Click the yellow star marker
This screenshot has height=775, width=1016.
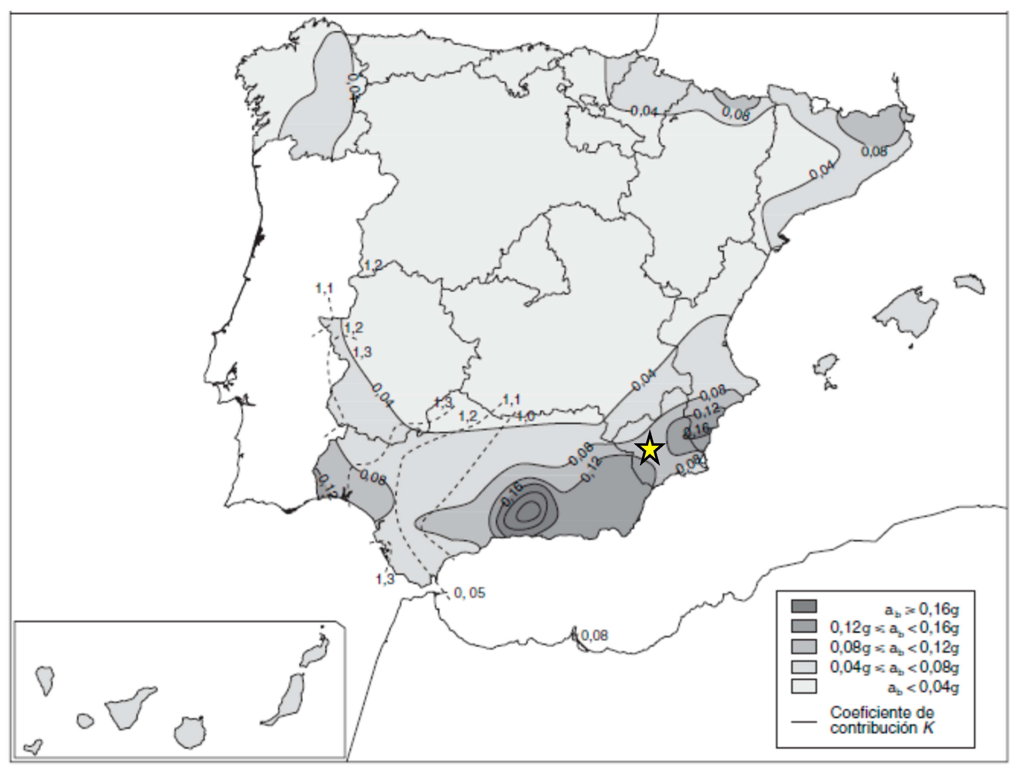tap(649, 449)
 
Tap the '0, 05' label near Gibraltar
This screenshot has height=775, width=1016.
tap(469, 593)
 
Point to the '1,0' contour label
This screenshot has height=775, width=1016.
tap(525, 416)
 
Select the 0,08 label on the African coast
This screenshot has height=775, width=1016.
tap(595, 636)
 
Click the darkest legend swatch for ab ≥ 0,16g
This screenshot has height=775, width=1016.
tap(804, 606)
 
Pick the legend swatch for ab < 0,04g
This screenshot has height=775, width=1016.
tap(804, 686)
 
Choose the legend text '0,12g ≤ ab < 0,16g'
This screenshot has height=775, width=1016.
tap(894, 627)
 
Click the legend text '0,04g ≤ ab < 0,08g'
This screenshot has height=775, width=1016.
tap(894, 667)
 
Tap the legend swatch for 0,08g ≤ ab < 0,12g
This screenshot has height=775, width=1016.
tap(804, 646)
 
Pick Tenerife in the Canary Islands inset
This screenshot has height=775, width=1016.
tap(129, 706)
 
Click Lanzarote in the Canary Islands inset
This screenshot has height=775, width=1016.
tap(316, 651)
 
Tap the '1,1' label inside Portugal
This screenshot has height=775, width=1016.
tap(324, 288)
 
